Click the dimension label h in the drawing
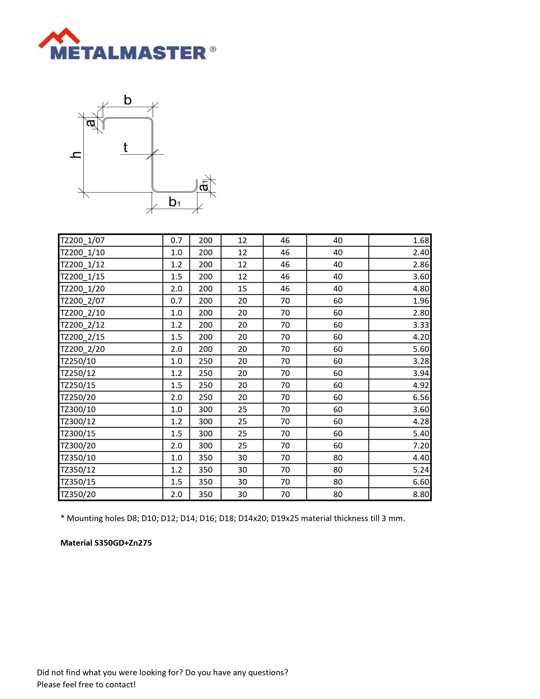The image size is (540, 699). [x=76, y=155]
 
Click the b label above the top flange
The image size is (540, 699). [x=128, y=100]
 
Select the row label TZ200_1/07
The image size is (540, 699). [x=83, y=240]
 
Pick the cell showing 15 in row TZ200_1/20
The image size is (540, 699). [x=242, y=289]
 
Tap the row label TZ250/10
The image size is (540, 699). [x=78, y=361]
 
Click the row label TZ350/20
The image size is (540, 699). [x=78, y=494]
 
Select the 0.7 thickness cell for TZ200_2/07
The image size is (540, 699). [x=176, y=301]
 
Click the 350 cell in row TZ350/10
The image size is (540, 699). [x=205, y=458]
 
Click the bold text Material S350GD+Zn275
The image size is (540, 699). [x=106, y=543]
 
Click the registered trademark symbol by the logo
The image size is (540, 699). [x=213, y=49]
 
